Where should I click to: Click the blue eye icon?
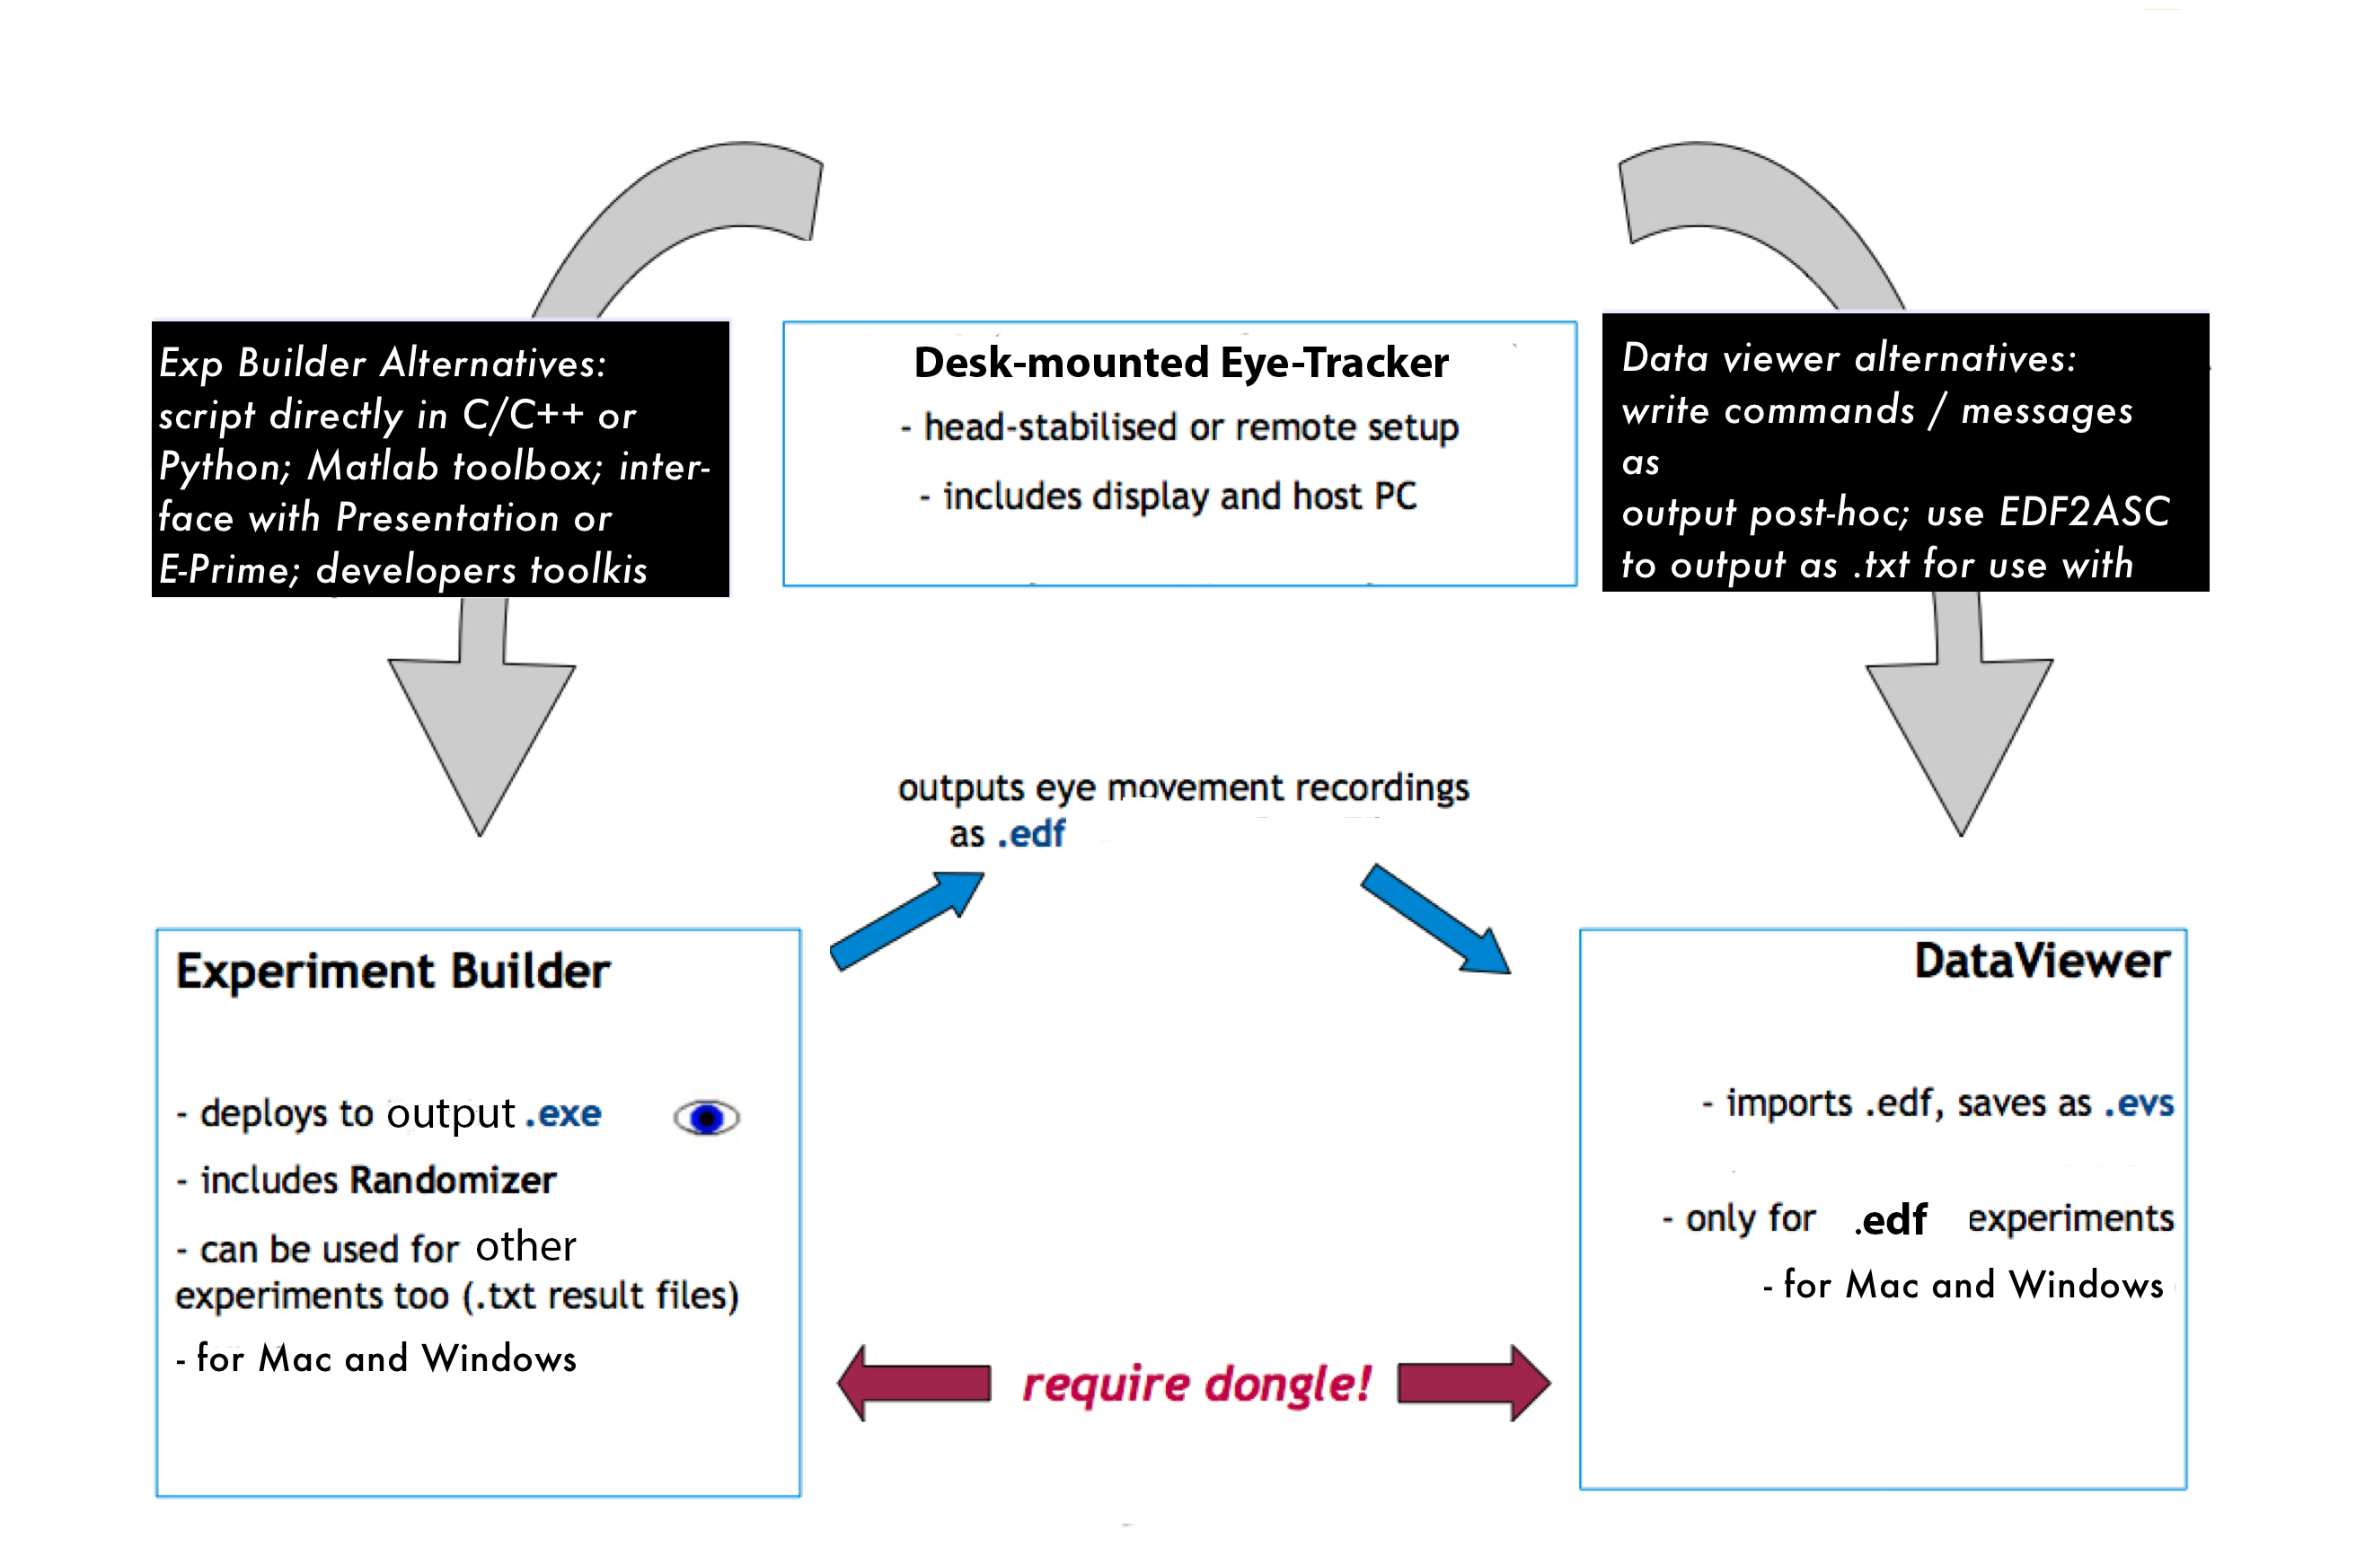click(707, 1118)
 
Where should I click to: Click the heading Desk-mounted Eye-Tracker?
click(1180, 363)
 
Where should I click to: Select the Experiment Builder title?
click(393, 971)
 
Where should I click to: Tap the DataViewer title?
click(2041, 961)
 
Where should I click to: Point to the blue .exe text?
click(563, 1114)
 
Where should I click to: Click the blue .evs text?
click(2139, 1103)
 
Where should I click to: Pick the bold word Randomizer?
click(453, 1181)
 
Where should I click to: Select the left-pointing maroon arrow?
click(913, 1383)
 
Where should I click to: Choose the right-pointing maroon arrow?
click(1474, 1383)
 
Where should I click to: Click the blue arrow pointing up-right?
click(906, 920)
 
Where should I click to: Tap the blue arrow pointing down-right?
click(1436, 920)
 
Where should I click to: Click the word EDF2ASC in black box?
click(2084, 513)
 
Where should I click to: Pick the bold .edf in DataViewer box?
click(1891, 1220)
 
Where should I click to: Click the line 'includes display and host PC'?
click(1169, 496)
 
